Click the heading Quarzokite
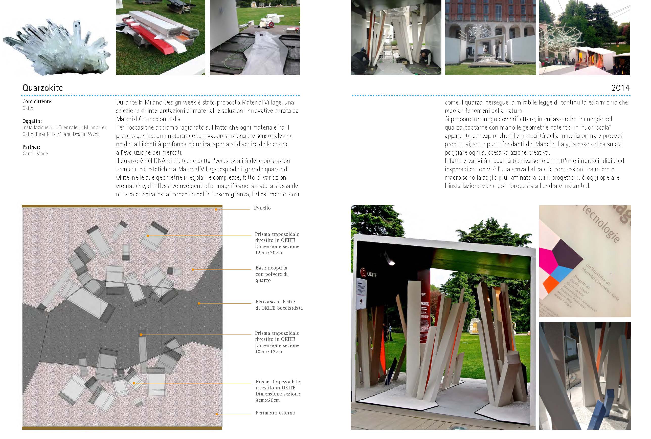click(x=42, y=88)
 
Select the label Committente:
click(x=37, y=101)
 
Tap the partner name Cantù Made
click(x=35, y=153)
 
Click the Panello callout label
click(x=262, y=208)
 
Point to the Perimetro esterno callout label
click(x=275, y=413)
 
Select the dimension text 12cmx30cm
click(x=268, y=253)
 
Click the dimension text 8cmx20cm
click(x=267, y=400)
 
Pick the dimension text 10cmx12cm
click(x=268, y=352)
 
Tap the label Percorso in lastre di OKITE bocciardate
click(x=279, y=305)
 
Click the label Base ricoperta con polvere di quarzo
click(x=271, y=274)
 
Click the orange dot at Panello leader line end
click(x=216, y=210)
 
